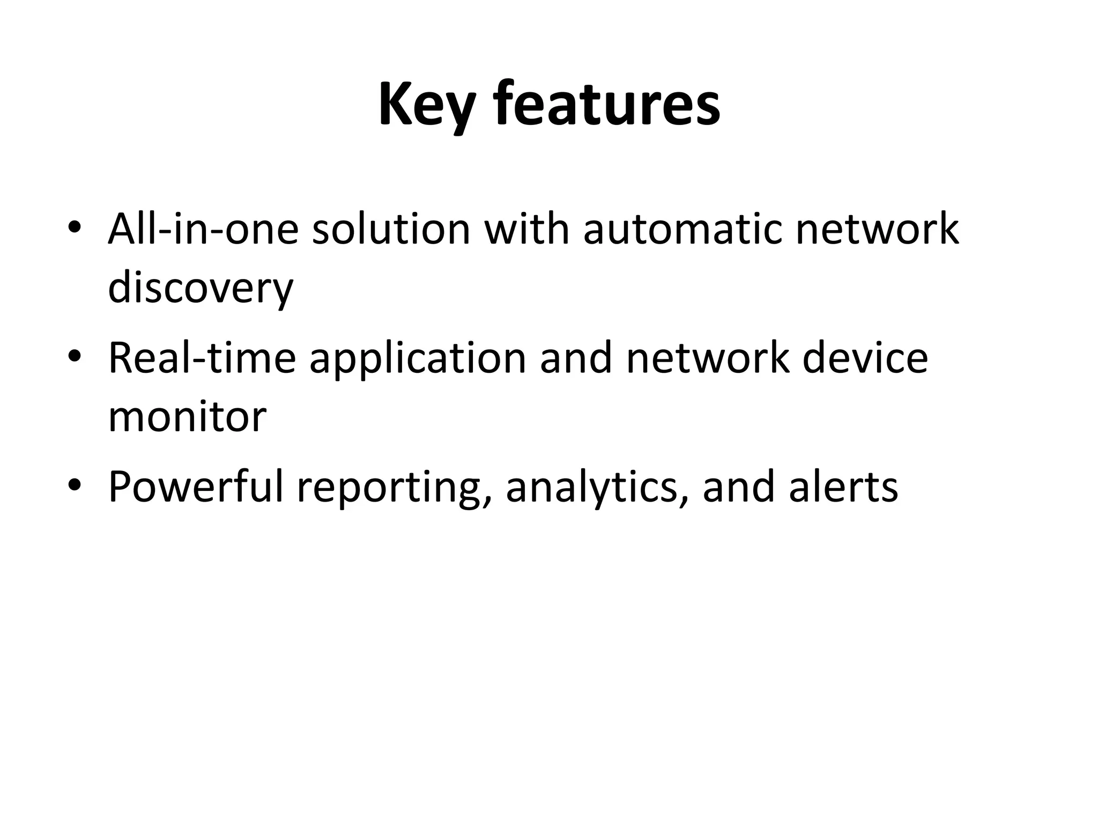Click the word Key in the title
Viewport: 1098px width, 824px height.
tap(427, 105)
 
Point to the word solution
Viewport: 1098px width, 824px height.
tap(391, 229)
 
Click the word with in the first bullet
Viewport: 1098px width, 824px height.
tap(526, 229)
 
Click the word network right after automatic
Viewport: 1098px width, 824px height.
tap(877, 229)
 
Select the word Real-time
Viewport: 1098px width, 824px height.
tap(202, 358)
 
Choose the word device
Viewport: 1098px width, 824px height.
tap(865, 358)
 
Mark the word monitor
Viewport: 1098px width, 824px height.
tap(187, 417)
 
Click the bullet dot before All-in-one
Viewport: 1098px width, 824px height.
tap(75, 230)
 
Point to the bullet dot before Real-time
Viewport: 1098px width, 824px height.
tap(75, 358)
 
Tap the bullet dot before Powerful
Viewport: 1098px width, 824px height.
tap(75, 487)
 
